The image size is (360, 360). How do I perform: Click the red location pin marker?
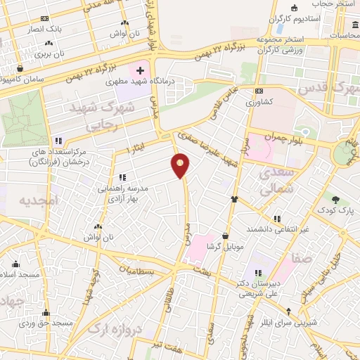181,166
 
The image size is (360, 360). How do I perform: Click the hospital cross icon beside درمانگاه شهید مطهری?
141,70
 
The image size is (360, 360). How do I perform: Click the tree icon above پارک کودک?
335,200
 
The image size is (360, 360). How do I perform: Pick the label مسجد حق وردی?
46,323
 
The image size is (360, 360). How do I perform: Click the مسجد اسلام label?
15,274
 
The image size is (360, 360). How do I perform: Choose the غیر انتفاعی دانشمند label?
278,229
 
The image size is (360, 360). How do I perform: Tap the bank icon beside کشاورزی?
259,91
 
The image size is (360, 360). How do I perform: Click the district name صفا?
304,259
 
